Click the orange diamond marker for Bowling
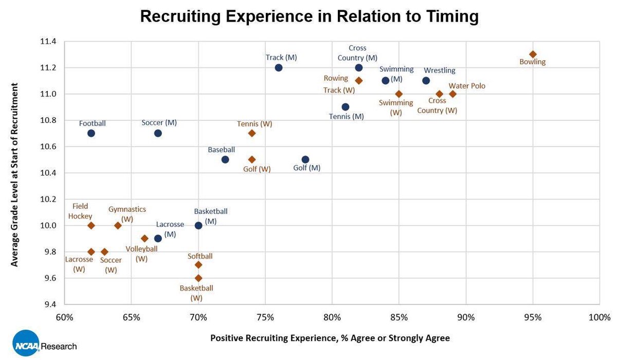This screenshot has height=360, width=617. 533,54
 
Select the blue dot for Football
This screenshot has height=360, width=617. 91,133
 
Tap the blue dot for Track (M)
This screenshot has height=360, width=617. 279,67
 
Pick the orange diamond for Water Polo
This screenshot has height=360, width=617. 452,94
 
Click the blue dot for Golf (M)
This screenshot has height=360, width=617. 305,159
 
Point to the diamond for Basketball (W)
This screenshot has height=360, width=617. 198,278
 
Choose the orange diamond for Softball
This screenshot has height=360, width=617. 198,264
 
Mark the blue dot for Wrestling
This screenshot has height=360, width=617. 426,80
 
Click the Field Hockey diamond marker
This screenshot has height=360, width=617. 91,225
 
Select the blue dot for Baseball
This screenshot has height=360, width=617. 225,159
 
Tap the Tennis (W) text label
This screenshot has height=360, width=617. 255,124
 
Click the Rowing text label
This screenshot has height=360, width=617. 336,79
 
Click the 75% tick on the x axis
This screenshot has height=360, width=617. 265,317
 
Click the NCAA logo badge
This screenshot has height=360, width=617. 26,343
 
